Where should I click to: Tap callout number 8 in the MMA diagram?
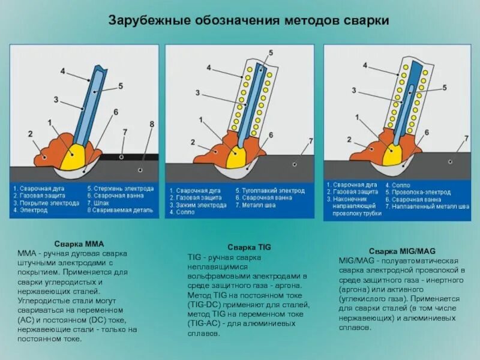tap(152, 124)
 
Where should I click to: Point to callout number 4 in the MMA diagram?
tap(63, 71)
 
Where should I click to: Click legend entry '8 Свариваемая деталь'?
tap(120, 211)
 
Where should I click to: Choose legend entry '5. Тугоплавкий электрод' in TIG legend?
tap(270, 191)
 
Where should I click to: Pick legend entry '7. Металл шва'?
tap(258, 205)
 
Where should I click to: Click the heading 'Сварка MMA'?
tap(80, 244)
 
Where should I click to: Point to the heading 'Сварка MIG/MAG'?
tap(402, 251)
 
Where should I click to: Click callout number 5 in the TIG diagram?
tap(271, 52)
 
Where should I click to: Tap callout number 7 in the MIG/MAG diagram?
tap(466, 138)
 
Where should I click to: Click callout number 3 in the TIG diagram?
tap(197, 92)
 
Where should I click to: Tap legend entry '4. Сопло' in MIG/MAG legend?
tap(398, 185)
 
